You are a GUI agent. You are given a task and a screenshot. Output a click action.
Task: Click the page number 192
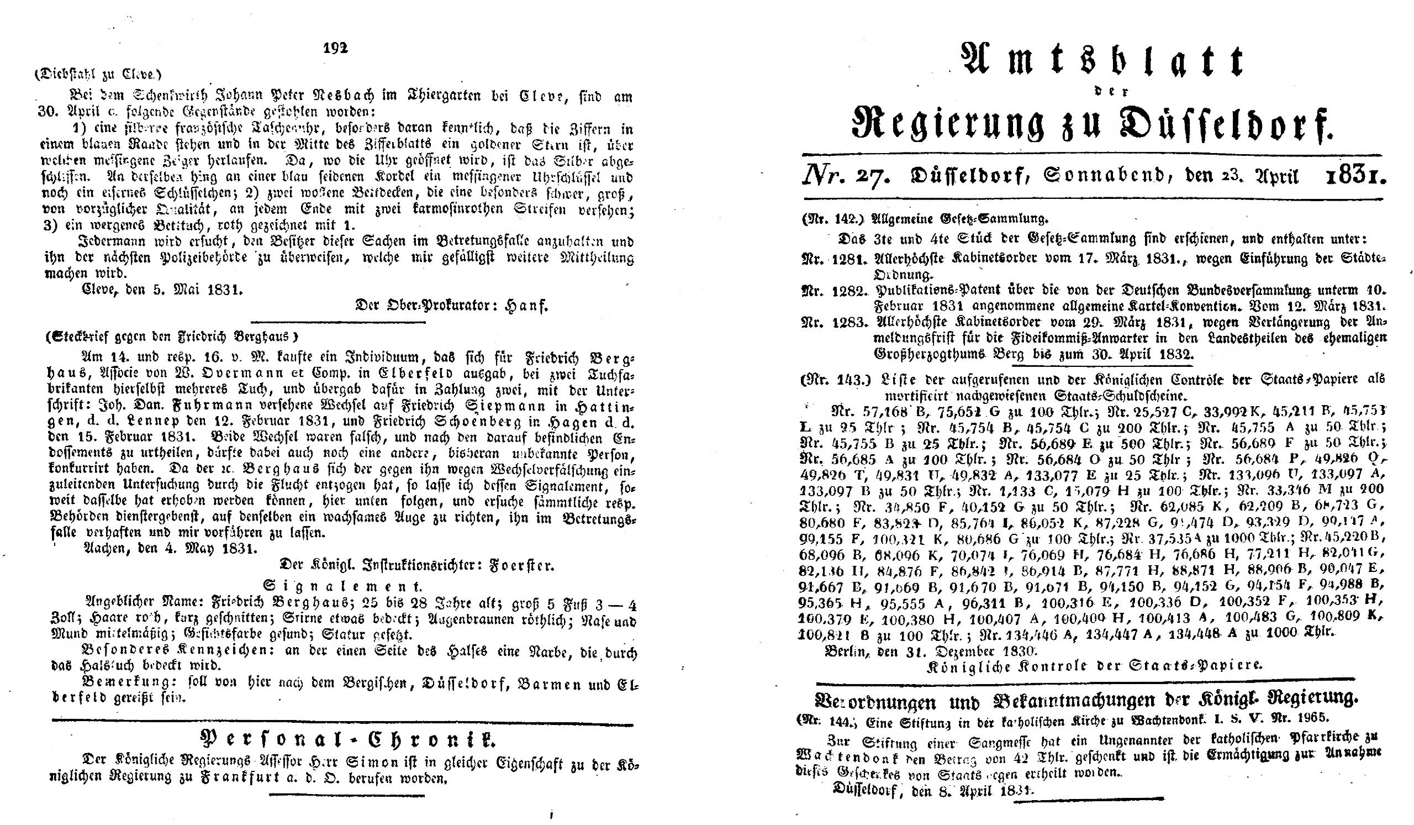click(x=337, y=48)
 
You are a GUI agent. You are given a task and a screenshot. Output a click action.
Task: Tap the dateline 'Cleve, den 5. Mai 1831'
click(x=162, y=291)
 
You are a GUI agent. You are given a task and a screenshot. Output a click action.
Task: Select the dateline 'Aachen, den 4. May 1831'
click(x=170, y=549)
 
